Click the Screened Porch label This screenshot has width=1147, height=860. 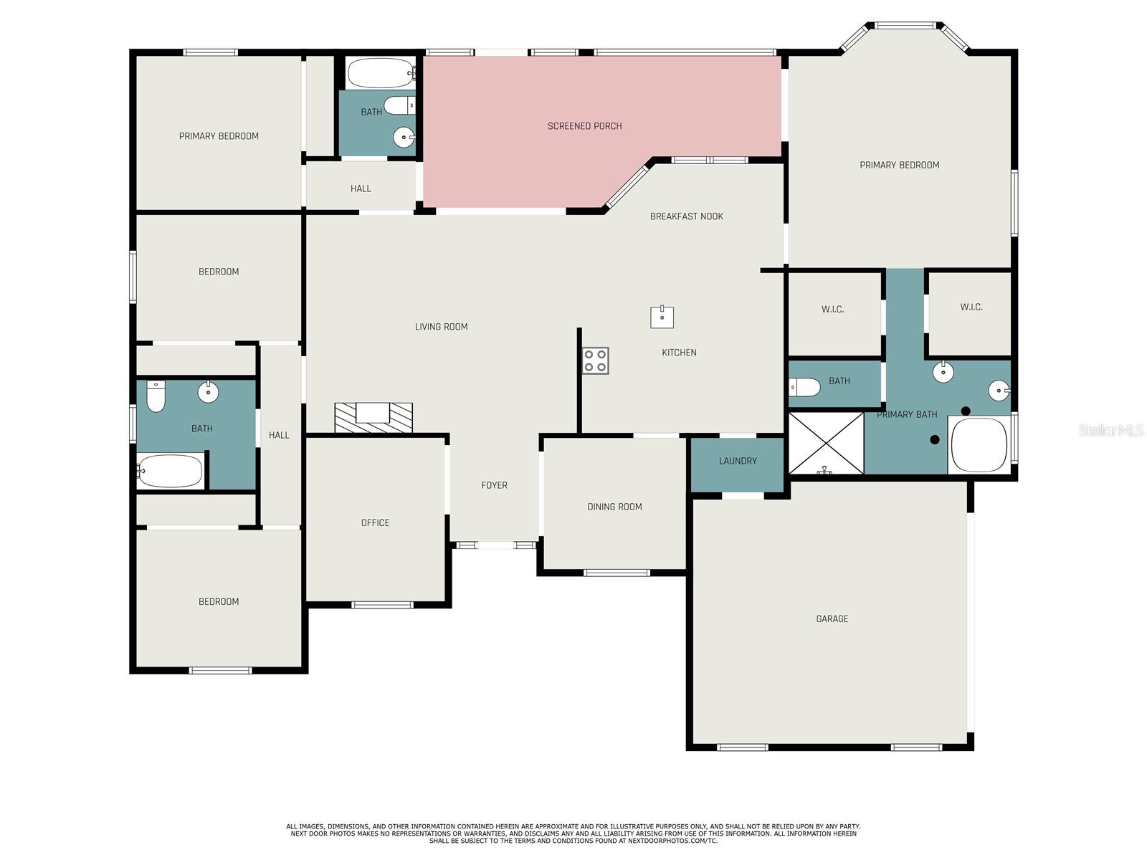pos(584,126)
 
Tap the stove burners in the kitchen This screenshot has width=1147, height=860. pos(595,360)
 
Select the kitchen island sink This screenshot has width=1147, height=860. pos(662,317)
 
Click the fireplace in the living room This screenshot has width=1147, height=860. pos(373,417)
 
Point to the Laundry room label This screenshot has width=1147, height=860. pos(738,461)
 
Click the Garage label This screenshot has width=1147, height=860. pos(832,618)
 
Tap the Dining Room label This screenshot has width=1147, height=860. pos(614,507)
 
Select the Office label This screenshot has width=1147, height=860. pos(375,523)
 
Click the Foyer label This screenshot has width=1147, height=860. pos(494,485)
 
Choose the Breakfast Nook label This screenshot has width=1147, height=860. pos(686,216)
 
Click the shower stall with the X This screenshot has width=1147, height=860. pos(826,443)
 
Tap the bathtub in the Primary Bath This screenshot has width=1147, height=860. pos(979,445)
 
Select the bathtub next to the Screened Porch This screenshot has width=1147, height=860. pos(380,73)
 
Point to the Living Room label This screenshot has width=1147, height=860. pos(441,327)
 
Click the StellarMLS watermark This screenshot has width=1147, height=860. pos(1110,430)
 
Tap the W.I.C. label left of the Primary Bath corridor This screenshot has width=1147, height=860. pos(832,310)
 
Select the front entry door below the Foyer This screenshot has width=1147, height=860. pos(495,545)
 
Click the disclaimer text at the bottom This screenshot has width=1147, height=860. pos(573,833)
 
